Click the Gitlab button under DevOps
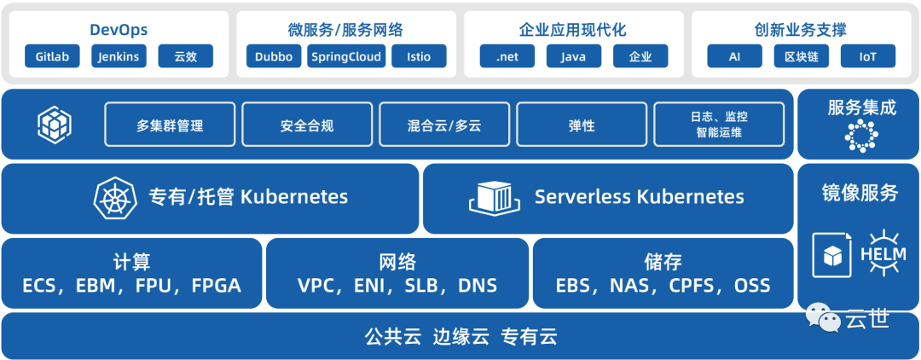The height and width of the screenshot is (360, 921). (53, 57)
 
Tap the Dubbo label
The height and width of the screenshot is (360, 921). (274, 57)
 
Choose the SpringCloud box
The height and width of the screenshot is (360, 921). (346, 57)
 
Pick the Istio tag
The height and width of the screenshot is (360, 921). (419, 57)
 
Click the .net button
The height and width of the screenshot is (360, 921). (507, 57)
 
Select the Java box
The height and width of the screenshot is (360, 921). (574, 57)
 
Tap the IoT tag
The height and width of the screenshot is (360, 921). (867, 57)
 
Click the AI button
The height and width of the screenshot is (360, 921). (734, 57)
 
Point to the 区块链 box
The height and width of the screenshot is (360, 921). (801, 57)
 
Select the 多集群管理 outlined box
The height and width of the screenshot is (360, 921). (170, 125)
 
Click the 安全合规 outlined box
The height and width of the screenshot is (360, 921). (307, 125)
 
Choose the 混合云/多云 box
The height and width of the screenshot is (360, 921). (444, 125)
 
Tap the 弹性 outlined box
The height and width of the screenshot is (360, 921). (582, 125)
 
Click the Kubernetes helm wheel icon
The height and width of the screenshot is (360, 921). (116, 198)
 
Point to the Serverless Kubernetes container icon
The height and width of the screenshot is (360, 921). (494, 198)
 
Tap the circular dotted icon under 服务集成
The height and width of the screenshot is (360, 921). (860, 136)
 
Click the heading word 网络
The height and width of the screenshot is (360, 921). (397, 262)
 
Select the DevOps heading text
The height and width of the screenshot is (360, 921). (119, 30)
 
